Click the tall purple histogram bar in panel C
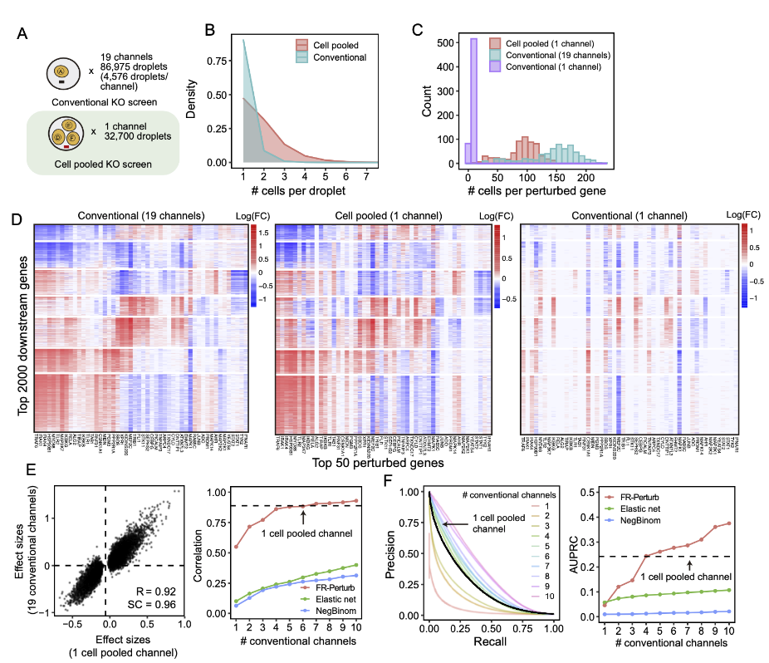click(x=474, y=101)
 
